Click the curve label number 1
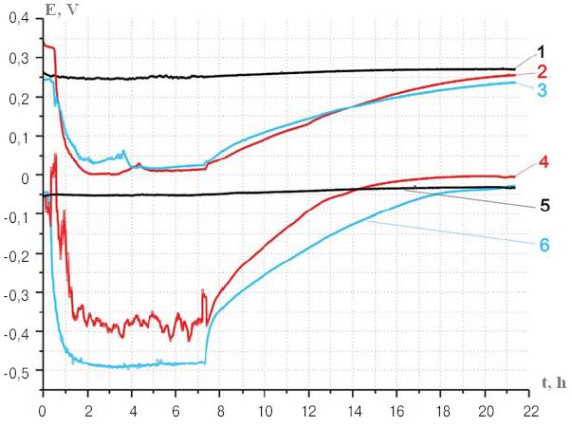(x=541, y=52)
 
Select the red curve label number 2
(x=542, y=71)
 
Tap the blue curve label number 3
(x=542, y=90)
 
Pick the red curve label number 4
(x=544, y=162)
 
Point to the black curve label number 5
(x=544, y=205)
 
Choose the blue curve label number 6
(x=544, y=245)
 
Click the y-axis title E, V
(x=62, y=9)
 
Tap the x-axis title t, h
(x=554, y=383)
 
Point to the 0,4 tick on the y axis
(x=19, y=18)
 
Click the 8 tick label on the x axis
(x=220, y=412)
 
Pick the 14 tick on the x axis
(x=353, y=412)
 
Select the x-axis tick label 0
(x=43, y=412)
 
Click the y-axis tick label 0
(x=25, y=178)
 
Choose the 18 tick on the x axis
(x=441, y=412)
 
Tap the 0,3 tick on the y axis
(x=19, y=59)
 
